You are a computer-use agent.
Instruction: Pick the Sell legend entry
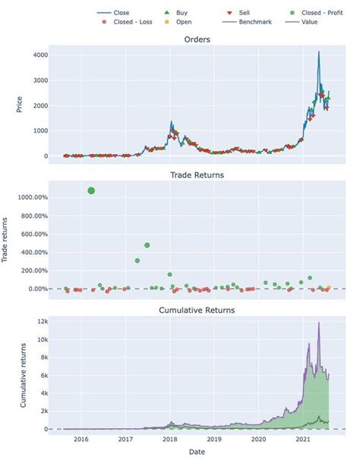point(241,13)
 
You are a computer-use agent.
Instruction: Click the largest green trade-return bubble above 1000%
point(91,191)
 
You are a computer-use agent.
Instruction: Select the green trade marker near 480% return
point(147,245)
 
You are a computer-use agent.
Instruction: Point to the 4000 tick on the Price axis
point(39,55)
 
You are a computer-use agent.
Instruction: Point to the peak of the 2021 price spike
point(319,52)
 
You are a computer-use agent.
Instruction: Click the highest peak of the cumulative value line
point(319,323)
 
